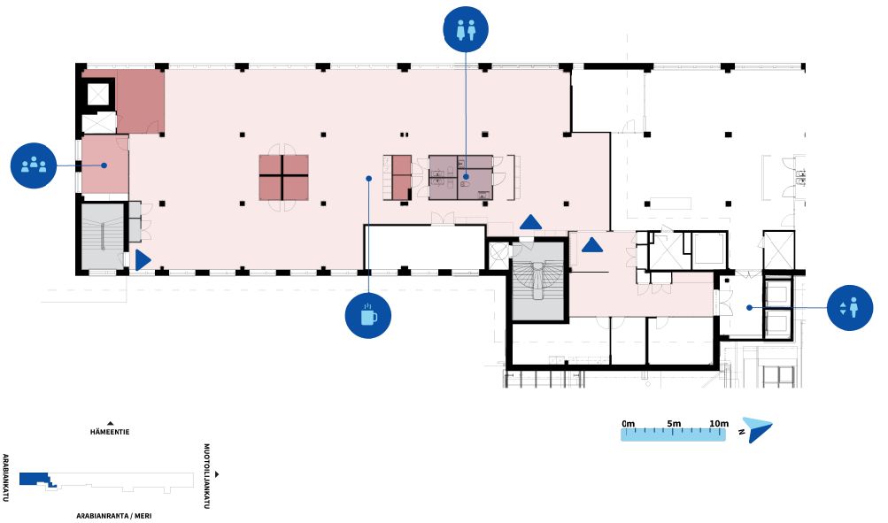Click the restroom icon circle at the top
[x=467, y=29]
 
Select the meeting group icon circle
[x=34, y=165]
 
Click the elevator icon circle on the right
[x=850, y=308]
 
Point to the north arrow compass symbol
[x=756, y=429]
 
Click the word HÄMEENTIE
[x=111, y=434]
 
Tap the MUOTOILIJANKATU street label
[x=207, y=476]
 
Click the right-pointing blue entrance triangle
[x=142, y=259]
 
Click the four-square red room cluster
[x=283, y=177]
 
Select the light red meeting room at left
[x=104, y=165]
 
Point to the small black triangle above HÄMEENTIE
[x=111, y=424]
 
